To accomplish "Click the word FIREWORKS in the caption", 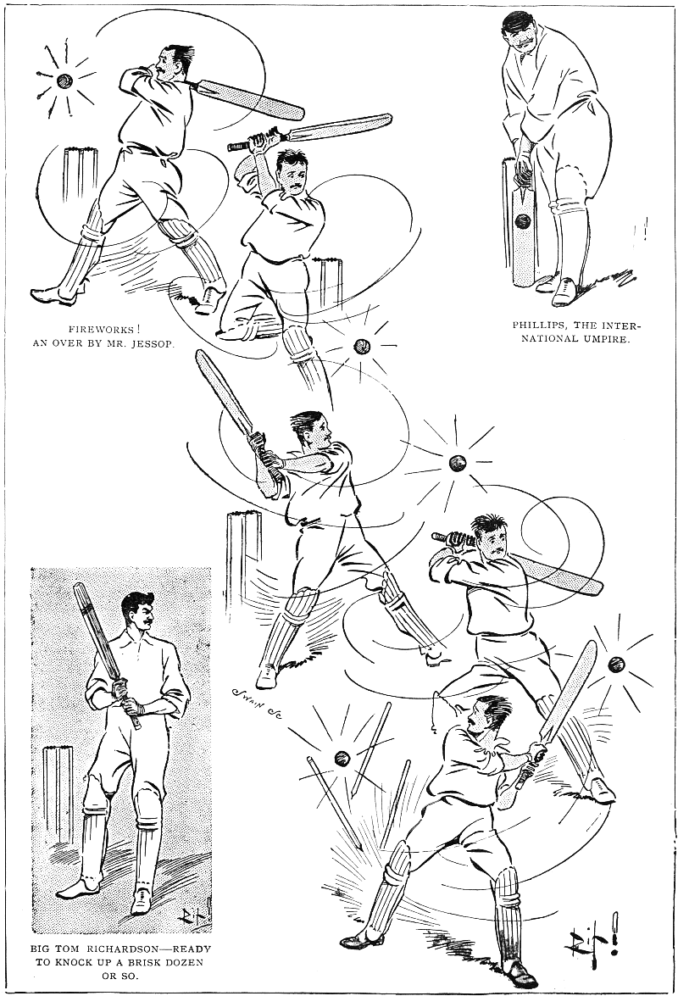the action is point(100,330).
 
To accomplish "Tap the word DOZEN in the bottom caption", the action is point(184,962).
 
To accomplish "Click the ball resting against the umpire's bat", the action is point(522,221).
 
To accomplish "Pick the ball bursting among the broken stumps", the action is point(342,757).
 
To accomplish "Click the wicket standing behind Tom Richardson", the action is point(57,795).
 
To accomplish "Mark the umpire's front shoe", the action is point(564,292).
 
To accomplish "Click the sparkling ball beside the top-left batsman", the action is point(64,81).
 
